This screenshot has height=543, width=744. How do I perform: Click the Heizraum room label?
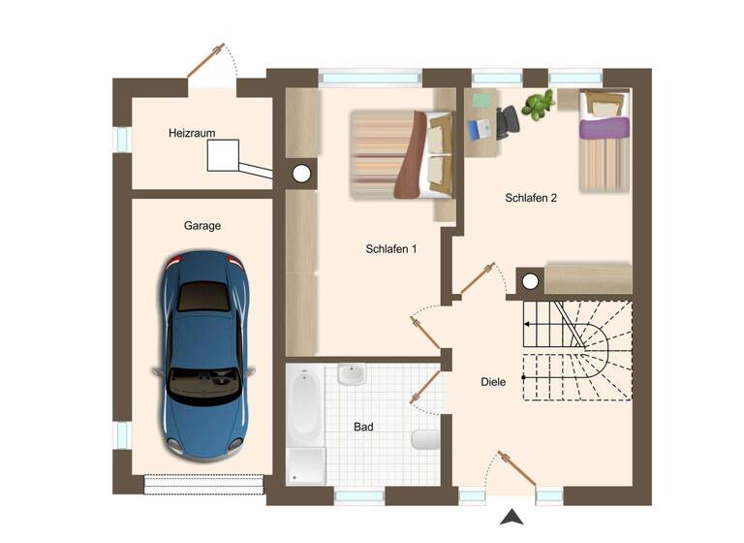(x=191, y=133)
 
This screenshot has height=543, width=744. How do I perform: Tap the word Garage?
(x=202, y=226)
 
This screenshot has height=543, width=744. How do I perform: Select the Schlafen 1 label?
(x=391, y=249)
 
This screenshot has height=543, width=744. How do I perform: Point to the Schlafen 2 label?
(x=531, y=198)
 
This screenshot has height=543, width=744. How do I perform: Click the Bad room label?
(x=363, y=427)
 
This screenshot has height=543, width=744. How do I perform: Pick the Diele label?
(x=493, y=382)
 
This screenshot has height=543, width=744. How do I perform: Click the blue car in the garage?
(x=203, y=354)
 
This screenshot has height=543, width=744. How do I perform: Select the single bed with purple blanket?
(x=604, y=141)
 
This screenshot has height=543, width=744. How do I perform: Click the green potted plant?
(x=538, y=104)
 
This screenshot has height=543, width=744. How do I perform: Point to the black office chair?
(x=507, y=122)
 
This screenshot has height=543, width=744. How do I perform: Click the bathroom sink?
(x=352, y=373)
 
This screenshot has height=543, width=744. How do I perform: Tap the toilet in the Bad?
(x=425, y=439)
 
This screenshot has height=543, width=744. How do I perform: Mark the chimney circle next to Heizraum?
(x=301, y=175)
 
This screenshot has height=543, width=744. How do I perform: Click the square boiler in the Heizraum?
(x=223, y=156)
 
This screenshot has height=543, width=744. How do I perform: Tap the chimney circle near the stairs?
(x=529, y=282)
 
